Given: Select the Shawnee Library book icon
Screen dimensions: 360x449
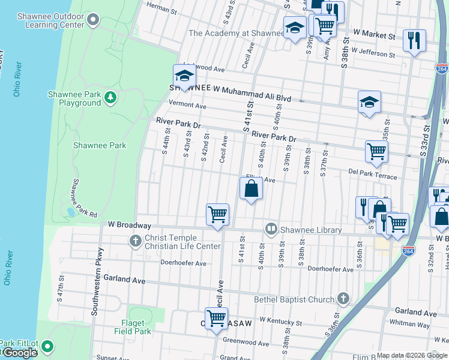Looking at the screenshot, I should (271, 229).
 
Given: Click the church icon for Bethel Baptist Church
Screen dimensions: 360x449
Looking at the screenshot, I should (343, 299).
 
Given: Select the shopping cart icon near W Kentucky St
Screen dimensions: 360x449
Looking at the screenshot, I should (216, 317).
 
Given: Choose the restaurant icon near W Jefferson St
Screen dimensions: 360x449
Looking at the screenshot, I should (414, 40).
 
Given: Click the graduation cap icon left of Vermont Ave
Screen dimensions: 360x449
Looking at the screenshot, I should (184, 76).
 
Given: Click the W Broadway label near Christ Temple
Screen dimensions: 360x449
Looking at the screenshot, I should (129, 225).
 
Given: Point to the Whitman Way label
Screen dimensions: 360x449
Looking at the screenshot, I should (410, 324).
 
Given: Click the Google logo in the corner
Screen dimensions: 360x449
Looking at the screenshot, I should (20, 353).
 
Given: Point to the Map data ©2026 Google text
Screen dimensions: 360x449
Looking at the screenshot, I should (411, 355).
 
